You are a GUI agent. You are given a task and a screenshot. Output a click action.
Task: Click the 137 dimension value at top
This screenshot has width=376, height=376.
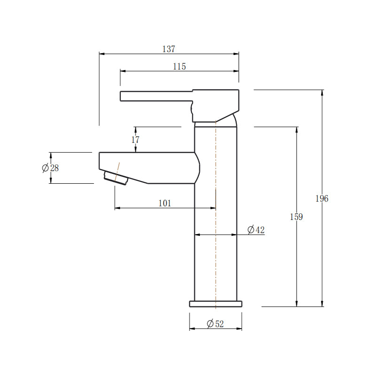[169, 49]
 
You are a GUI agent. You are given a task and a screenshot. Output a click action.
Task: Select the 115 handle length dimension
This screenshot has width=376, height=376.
[179, 67]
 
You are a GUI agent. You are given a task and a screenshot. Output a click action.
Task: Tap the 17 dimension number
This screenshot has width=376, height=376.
[135, 140]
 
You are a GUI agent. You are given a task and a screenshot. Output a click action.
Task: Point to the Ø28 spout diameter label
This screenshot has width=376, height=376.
[50, 168]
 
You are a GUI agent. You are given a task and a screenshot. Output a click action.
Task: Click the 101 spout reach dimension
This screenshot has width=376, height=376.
[164, 203]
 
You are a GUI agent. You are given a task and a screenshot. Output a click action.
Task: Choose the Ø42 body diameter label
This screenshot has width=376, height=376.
[256, 230]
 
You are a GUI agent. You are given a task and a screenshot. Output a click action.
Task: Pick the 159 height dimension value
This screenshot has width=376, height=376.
[297, 217]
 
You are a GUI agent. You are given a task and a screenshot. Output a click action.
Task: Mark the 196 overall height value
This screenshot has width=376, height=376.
[322, 198]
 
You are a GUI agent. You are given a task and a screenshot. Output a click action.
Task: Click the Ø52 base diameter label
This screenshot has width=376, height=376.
[215, 323]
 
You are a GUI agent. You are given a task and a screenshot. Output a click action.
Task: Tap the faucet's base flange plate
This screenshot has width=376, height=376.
[216, 304]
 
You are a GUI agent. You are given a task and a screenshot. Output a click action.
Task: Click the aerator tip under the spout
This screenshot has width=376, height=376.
[116, 178]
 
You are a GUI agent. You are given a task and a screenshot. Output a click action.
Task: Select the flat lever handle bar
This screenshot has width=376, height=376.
[155, 96]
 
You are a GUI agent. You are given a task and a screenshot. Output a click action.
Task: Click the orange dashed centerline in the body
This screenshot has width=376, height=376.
[215, 258]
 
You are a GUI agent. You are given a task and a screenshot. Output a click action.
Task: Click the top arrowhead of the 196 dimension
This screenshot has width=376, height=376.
[322, 93]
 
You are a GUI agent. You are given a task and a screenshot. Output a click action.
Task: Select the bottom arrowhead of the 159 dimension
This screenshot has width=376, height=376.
[297, 304]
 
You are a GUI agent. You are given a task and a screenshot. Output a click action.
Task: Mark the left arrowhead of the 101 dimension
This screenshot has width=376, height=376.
[117, 208]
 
